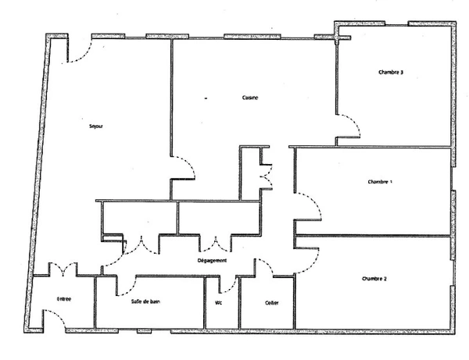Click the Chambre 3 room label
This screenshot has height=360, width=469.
click(391, 73)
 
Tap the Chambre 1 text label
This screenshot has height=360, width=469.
click(380, 182)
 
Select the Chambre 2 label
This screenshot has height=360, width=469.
click(374, 279)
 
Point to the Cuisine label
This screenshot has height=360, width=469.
click(250, 98)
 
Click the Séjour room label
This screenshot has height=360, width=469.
click(96, 126)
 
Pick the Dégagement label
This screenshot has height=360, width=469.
click(212, 261)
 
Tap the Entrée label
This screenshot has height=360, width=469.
click(64, 299)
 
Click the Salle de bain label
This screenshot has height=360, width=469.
click(145, 301)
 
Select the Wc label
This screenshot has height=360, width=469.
click(219, 303)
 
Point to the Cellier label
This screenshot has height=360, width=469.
click(271, 303)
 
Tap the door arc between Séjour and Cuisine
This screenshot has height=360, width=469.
click(185, 166)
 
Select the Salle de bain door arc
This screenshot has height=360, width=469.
click(127, 287)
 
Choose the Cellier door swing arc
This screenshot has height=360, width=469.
click(265, 266)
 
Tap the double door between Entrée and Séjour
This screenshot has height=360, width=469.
click(63, 269)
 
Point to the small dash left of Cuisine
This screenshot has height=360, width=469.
click(206, 98)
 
